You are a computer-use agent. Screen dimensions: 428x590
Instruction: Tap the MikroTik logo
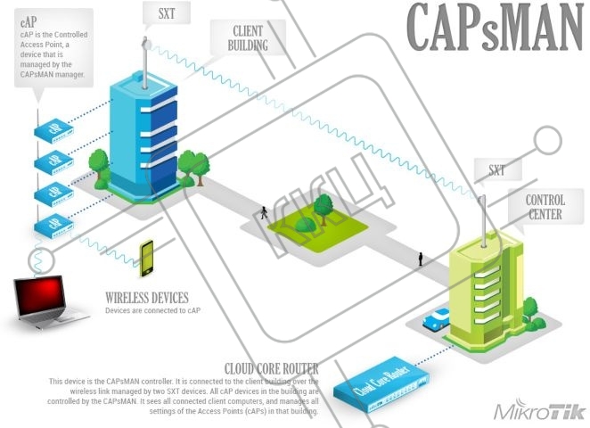click(538, 412)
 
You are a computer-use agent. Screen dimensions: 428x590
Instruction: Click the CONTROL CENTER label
click(545, 207)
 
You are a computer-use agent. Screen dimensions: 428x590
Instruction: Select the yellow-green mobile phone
click(146, 258)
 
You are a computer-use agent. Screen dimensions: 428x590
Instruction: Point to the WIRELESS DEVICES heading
click(147, 298)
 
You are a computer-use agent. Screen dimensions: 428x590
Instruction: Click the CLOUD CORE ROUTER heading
click(272, 367)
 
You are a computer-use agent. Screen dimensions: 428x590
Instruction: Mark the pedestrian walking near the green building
click(421, 259)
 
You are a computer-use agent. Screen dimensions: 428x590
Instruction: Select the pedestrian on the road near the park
click(263, 213)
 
